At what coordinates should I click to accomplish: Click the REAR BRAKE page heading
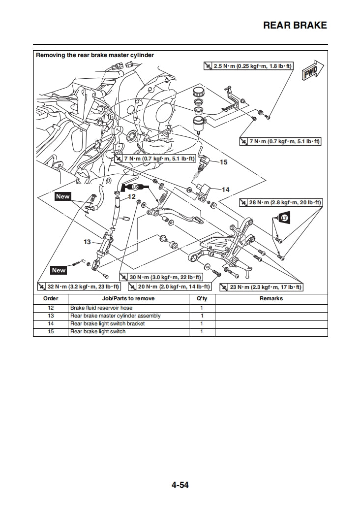point(295,26)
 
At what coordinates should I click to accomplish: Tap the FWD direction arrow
point(311,72)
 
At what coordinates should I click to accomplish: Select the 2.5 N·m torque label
point(248,65)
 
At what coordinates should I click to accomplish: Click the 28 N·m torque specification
point(280,202)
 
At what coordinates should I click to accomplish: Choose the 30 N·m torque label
point(161,278)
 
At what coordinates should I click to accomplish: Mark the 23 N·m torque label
point(261,287)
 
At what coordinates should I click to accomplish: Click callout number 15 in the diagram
point(223,162)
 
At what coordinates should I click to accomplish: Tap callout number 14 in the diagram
point(225,190)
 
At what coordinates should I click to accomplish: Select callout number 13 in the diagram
point(88,242)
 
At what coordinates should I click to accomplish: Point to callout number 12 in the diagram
point(131,196)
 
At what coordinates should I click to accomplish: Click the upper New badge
point(63,196)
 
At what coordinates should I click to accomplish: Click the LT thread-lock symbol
point(284,218)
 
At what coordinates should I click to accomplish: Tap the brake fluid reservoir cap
point(199,92)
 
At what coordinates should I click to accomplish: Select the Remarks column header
point(271,298)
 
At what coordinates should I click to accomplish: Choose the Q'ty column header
point(202,298)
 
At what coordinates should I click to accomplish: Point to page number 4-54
point(180,485)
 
